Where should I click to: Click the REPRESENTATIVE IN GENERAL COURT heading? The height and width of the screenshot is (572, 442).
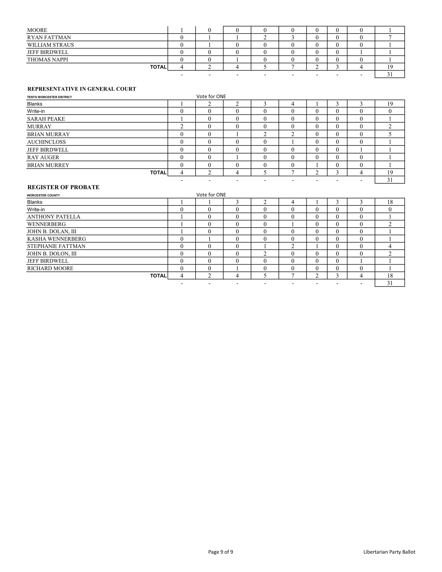pos(82,89)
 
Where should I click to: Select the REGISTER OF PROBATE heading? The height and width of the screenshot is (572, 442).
pos(63,187)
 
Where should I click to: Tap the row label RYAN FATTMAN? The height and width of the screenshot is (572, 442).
pos(49,37)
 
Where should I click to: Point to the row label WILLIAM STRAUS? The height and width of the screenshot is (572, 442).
pos(51,45)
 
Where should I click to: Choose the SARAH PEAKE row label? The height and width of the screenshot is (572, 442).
pos(46,119)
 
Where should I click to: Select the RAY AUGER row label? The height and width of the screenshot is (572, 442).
pos(43,157)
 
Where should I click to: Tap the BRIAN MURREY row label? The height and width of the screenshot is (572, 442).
pos(48,165)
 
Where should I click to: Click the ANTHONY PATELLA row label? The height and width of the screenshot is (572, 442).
pos(54,217)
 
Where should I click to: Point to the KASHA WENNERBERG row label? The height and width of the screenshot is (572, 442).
pos(57,239)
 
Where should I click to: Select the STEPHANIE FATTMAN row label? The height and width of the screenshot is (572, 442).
pos(56,246)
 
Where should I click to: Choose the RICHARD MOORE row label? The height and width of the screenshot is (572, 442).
pos(50,268)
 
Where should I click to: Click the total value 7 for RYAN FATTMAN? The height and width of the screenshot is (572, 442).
pos(390,37)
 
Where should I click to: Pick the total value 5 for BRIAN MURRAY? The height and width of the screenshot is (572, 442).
pos(390,134)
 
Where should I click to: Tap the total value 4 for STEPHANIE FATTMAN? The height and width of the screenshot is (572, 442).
pos(390,246)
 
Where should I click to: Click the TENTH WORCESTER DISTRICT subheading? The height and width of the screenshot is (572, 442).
pos(50,97)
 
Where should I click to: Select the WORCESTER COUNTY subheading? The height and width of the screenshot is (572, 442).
pos(43,195)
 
